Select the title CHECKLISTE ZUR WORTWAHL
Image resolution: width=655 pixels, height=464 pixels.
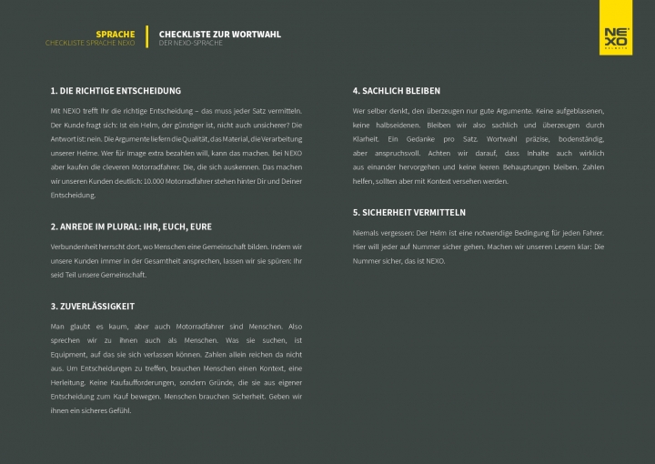coord(219,34)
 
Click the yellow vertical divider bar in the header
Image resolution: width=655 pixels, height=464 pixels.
coord(146,36)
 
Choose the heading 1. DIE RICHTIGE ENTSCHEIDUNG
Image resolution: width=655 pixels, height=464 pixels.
coord(116,91)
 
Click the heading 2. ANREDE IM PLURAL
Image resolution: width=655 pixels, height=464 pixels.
coord(131,226)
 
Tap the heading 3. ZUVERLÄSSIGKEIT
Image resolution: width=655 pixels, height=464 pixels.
coord(93,307)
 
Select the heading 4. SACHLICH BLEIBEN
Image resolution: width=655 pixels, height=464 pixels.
coord(397,91)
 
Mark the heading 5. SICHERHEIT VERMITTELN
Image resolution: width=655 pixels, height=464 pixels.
coord(409,212)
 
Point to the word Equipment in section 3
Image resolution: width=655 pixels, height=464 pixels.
coord(71,354)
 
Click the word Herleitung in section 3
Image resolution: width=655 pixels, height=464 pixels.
coord(70,382)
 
